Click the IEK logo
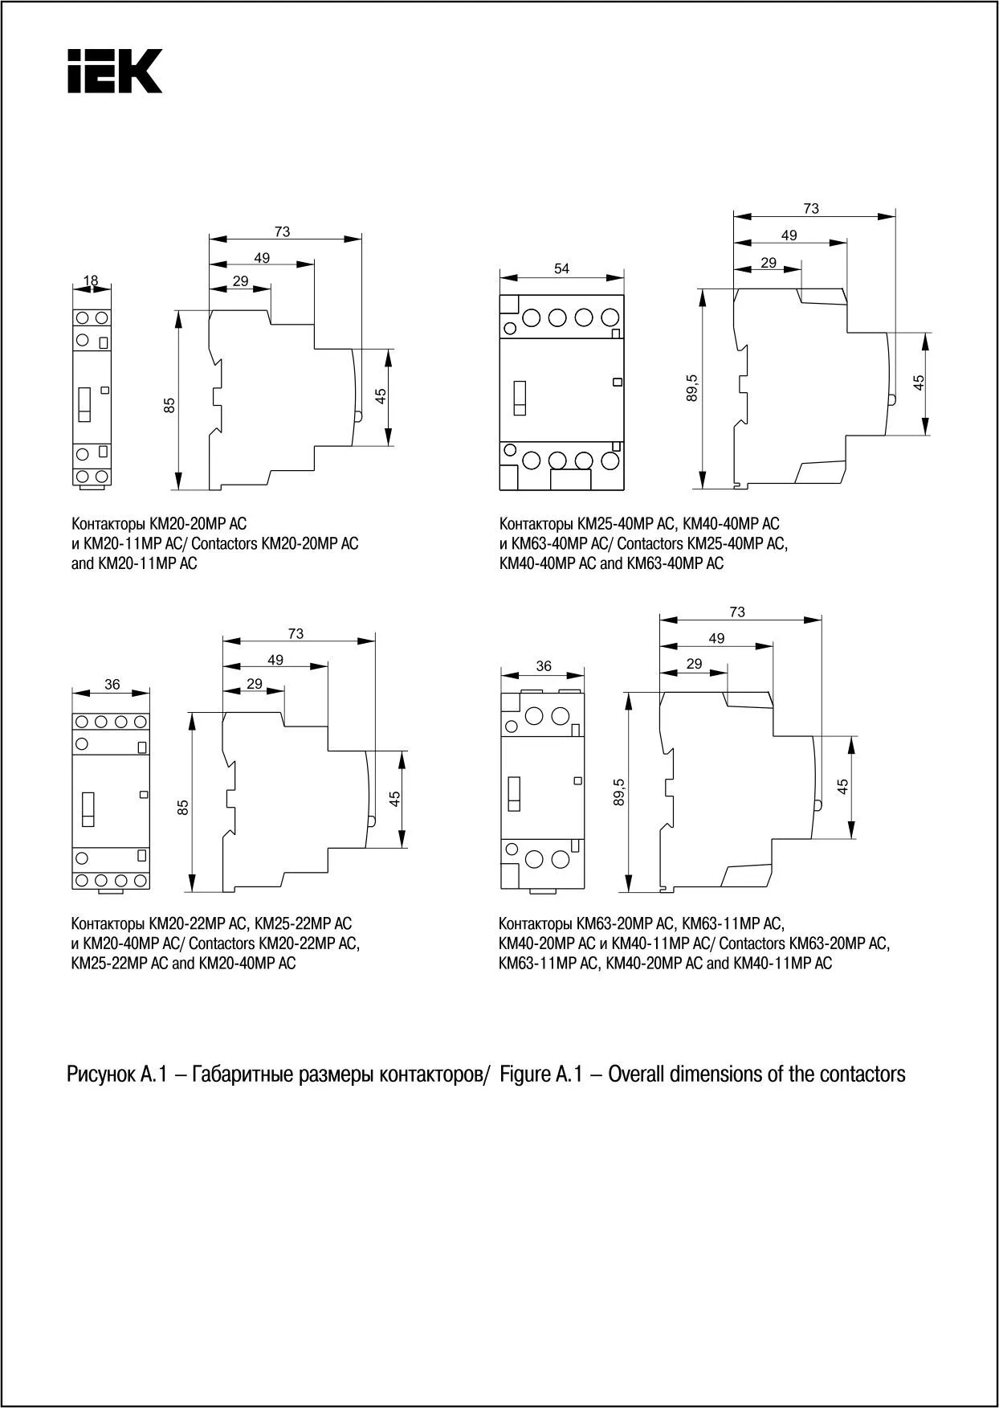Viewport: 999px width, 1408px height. coord(115,71)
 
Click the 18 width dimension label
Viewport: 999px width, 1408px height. coord(91,280)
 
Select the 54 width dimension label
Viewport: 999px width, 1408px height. coord(561,268)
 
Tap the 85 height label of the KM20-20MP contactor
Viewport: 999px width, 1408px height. coord(169,406)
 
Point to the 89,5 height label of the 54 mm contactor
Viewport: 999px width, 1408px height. coord(693,387)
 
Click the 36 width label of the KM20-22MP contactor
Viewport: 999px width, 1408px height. coord(112,685)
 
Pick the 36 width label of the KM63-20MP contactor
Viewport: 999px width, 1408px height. coord(544,665)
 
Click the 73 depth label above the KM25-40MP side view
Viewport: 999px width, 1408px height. coord(811,208)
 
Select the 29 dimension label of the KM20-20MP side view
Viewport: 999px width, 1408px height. coord(240,281)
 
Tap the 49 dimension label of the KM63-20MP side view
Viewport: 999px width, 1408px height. coord(716,638)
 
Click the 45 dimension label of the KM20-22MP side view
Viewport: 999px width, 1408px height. coord(394,799)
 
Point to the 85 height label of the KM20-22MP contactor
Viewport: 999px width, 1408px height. coord(183,808)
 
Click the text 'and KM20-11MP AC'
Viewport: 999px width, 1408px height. coord(134,563)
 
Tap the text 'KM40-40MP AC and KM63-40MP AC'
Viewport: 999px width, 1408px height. coord(611,563)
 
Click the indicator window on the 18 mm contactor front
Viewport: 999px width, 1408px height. coord(84,403)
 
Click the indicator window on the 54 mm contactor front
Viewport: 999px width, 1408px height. coord(520,398)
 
